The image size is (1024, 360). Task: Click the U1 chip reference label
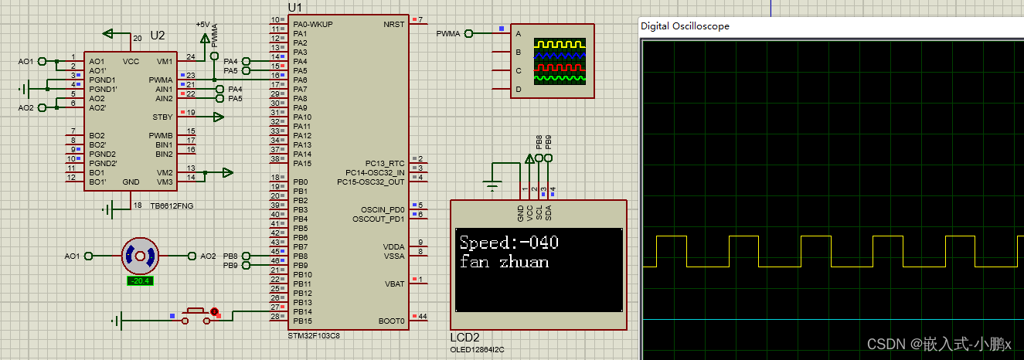[x=294, y=7]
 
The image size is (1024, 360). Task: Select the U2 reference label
[x=158, y=36]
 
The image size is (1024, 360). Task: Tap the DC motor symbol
[x=140, y=256]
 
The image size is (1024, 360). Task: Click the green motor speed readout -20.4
[x=140, y=280]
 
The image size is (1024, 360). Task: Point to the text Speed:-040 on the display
[x=509, y=243]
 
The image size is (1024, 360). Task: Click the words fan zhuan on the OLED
[x=504, y=262]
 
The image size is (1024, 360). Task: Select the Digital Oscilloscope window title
[x=685, y=26]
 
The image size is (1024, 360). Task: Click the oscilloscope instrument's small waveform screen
[x=561, y=62]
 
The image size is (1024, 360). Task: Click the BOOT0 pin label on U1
[x=391, y=321]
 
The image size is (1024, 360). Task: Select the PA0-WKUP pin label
[x=313, y=24]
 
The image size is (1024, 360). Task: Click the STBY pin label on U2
[x=162, y=117]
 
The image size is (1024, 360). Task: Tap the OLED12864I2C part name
[x=477, y=349]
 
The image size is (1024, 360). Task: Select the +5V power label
[x=203, y=24]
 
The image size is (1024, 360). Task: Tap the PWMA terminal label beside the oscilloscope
[x=447, y=33]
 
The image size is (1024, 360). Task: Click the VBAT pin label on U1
[x=394, y=284]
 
